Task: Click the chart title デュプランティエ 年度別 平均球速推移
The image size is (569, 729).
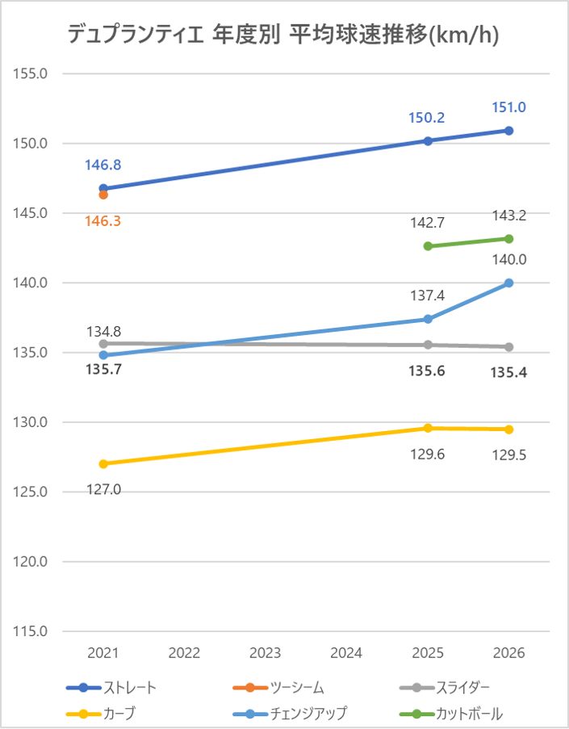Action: click(x=282, y=35)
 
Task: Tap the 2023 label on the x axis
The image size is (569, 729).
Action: click(x=266, y=653)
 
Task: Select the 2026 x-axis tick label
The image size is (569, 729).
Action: click(x=508, y=653)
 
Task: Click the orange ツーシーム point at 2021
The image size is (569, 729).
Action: click(x=103, y=195)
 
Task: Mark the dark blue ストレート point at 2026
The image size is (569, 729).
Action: click(x=508, y=130)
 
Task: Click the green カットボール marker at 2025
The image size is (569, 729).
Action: click(x=428, y=246)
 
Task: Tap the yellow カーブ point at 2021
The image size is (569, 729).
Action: click(x=103, y=463)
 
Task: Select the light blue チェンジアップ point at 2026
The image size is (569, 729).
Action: click(x=508, y=283)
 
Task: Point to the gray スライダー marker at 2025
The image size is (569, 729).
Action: click(x=428, y=345)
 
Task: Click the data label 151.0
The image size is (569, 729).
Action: click(x=508, y=107)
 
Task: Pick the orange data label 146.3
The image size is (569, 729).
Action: click(x=103, y=220)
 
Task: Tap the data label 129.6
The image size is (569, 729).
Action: click(x=428, y=455)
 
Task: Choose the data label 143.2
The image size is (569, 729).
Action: click(x=508, y=216)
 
